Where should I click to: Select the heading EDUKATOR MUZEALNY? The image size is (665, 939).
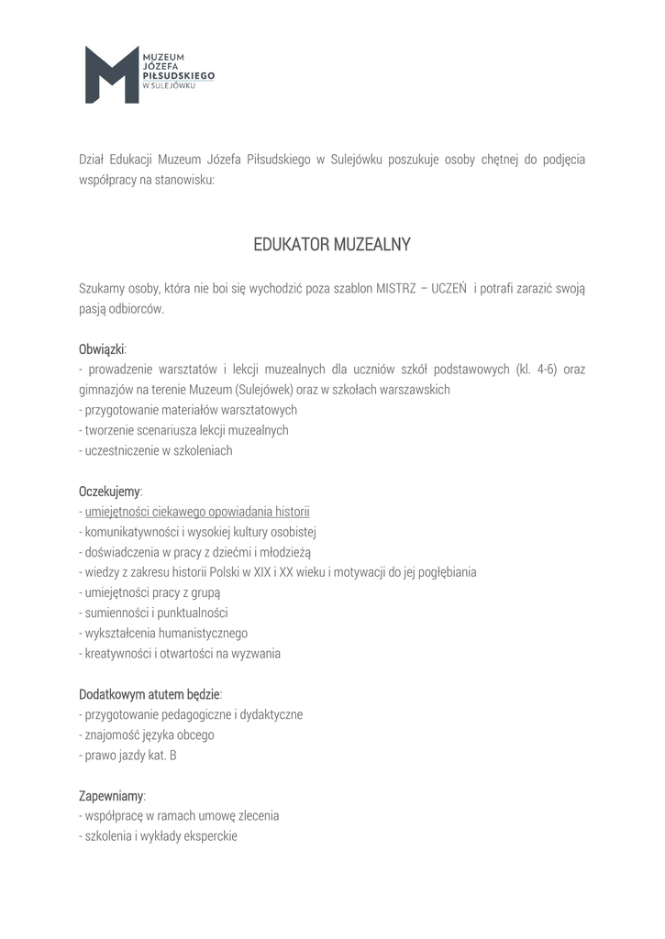tap(332, 245)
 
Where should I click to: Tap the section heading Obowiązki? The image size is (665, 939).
tap(102, 349)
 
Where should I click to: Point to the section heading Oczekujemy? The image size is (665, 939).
tap(109, 492)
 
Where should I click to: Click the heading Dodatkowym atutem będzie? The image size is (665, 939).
tap(149, 694)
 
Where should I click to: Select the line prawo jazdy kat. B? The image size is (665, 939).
tap(130, 755)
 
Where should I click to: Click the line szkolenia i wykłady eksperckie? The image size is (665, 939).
tap(161, 835)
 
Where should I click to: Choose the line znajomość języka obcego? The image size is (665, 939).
tap(150, 735)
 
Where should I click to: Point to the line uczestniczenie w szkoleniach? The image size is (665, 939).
tap(158, 450)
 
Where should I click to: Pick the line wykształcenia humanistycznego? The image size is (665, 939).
tap(166, 633)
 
